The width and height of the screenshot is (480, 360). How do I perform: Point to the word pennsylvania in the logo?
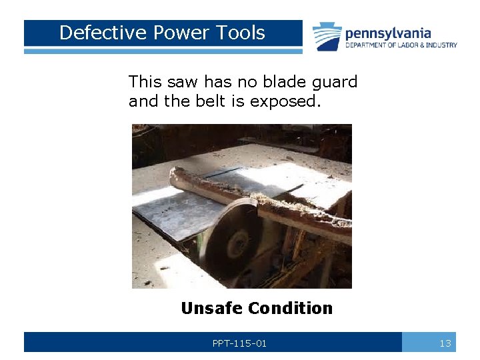coord(388,33)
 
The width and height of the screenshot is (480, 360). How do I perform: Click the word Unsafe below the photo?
coord(211,308)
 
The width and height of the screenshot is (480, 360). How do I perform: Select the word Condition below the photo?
coord(289,308)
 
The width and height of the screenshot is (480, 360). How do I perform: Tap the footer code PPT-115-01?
coord(239,343)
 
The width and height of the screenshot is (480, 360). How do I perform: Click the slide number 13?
coord(445,343)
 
